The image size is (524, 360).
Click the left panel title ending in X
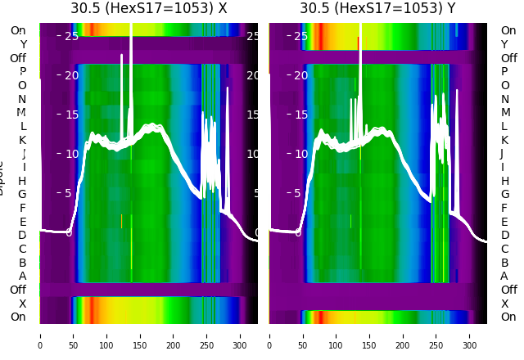pos(148,8)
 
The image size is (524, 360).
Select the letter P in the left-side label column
pos(22,72)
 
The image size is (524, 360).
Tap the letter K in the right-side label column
pos(504,140)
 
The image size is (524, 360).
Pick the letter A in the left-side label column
pos(22,277)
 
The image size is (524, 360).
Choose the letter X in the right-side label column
pos(504,304)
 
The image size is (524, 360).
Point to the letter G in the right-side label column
pos(504,195)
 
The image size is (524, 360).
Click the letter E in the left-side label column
pos(22,222)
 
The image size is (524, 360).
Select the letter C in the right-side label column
pos(504,249)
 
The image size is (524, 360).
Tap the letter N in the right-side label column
pos(504,99)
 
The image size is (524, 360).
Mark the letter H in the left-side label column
pos(22,181)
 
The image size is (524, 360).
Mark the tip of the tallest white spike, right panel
pos(360,25)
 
